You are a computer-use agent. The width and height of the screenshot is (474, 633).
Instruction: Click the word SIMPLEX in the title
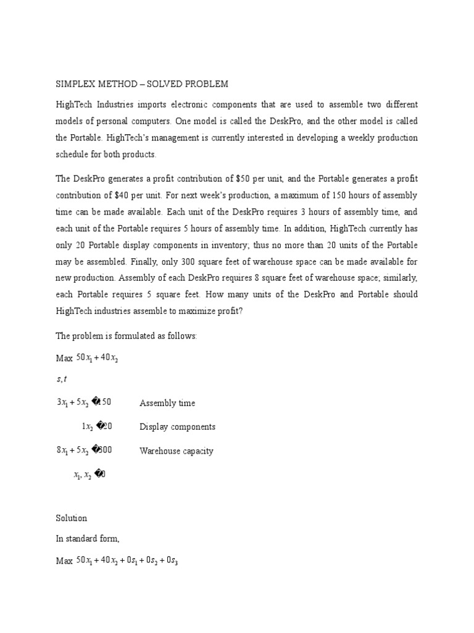tap(77, 84)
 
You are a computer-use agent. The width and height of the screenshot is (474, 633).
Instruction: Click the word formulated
tap(131, 336)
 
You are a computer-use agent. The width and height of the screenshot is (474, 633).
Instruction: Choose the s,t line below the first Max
tap(62, 379)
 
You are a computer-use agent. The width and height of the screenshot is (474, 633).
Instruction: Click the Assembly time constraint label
tap(167, 403)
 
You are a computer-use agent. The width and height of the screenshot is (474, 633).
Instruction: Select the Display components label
tap(177, 427)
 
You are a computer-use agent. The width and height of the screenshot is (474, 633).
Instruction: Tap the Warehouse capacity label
tap(177, 451)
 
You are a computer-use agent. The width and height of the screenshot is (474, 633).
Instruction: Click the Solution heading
tap(72, 518)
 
